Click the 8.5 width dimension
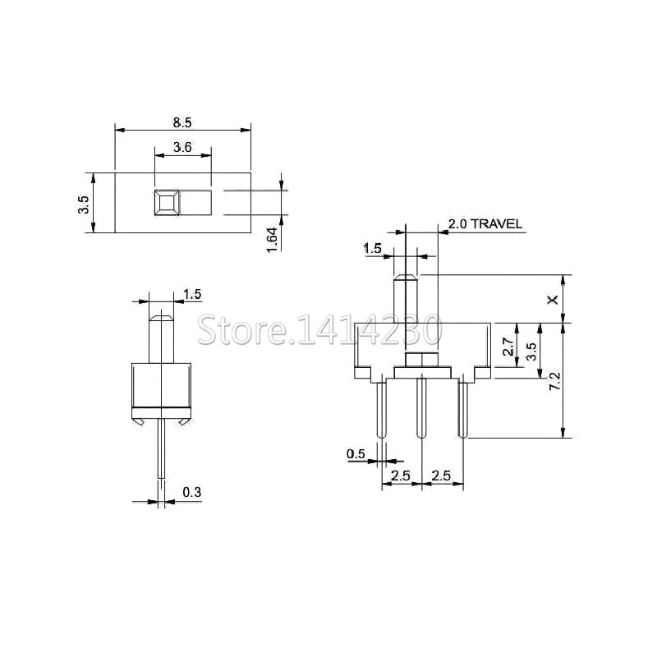(x=182, y=122)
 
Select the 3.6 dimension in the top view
(x=182, y=147)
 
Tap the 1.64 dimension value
(x=273, y=240)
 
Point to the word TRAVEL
(x=497, y=223)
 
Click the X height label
(x=554, y=300)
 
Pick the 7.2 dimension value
(x=555, y=381)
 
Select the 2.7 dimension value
(x=508, y=347)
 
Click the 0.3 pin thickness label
(x=192, y=492)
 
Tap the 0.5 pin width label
(x=356, y=454)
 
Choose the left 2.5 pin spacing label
(x=401, y=476)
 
